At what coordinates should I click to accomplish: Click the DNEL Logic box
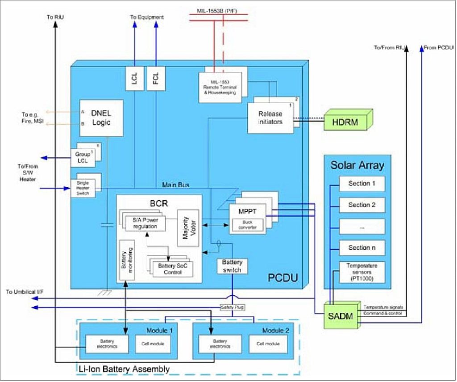click(x=100, y=118)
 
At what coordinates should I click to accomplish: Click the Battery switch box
click(x=232, y=266)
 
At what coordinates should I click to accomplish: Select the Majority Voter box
click(x=187, y=227)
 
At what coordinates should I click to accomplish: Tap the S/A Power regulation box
click(x=145, y=222)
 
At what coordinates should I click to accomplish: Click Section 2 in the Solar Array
click(x=361, y=205)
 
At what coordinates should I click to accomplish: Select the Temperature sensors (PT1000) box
click(x=361, y=271)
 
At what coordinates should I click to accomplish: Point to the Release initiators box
click(x=270, y=118)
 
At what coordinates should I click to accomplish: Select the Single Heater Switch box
click(x=83, y=188)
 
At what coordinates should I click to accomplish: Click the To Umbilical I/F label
click(x=25, y=292)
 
